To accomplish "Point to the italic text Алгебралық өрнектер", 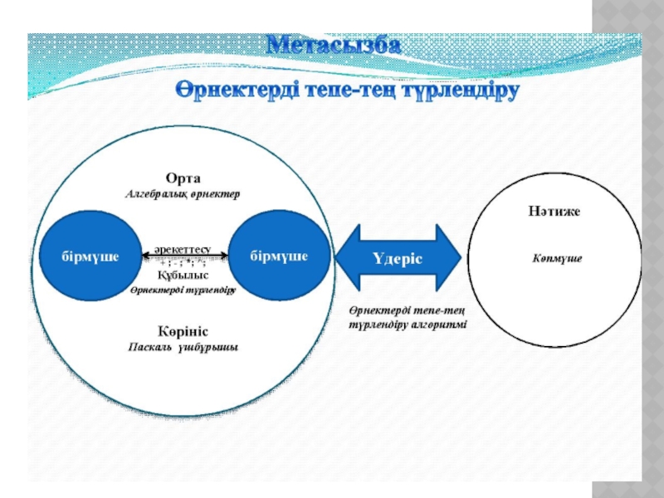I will [183, 194].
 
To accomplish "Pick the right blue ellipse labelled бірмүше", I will [280, 256].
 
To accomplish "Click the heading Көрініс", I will [183, 330].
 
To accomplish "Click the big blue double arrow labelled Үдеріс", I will [398, 258].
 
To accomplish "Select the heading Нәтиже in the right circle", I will [555, 212].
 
